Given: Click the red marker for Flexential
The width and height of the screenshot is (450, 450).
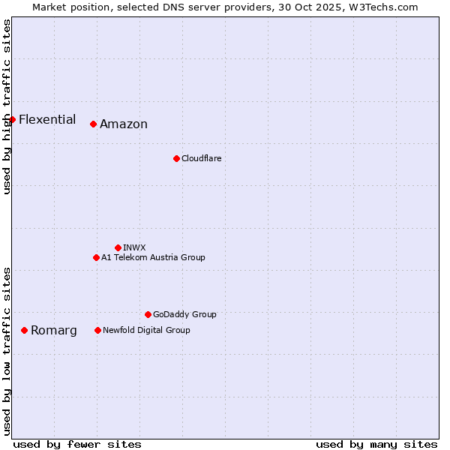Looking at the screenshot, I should pos(13,119).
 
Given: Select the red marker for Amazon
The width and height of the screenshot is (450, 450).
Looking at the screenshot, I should pos(93,124).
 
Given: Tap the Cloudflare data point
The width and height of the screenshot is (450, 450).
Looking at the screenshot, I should pos(176,158).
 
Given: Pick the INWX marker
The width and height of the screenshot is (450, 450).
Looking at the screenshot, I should pos(118,247).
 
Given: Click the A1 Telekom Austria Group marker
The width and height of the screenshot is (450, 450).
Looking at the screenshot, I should pos(96,257).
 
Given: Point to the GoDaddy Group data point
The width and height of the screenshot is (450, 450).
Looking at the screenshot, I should pos(148,314).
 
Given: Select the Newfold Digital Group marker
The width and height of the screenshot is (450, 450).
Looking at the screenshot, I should pos(97,330).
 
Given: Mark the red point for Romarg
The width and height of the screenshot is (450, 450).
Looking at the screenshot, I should pos(25,330).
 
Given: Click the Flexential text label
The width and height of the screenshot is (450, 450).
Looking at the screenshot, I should pos(47,119).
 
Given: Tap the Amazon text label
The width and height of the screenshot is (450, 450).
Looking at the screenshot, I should pos(124,124).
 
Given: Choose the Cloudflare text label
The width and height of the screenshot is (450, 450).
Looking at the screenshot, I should pos(201,158).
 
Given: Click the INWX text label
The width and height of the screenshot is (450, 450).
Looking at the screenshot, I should pos(134,247).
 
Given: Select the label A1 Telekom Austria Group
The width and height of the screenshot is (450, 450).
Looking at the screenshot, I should pos(153,257).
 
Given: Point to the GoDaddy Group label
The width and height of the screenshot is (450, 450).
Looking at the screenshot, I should pos(184,314).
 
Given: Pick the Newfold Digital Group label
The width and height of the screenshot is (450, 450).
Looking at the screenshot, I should pos(146,330).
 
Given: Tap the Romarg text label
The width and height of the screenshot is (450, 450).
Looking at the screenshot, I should pos(54,331).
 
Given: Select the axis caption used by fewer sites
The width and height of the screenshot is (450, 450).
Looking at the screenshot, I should pos(77,444).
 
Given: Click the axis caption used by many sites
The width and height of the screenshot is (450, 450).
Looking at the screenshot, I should pos(376,444).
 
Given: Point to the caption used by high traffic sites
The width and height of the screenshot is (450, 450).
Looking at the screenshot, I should pos(7,107).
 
